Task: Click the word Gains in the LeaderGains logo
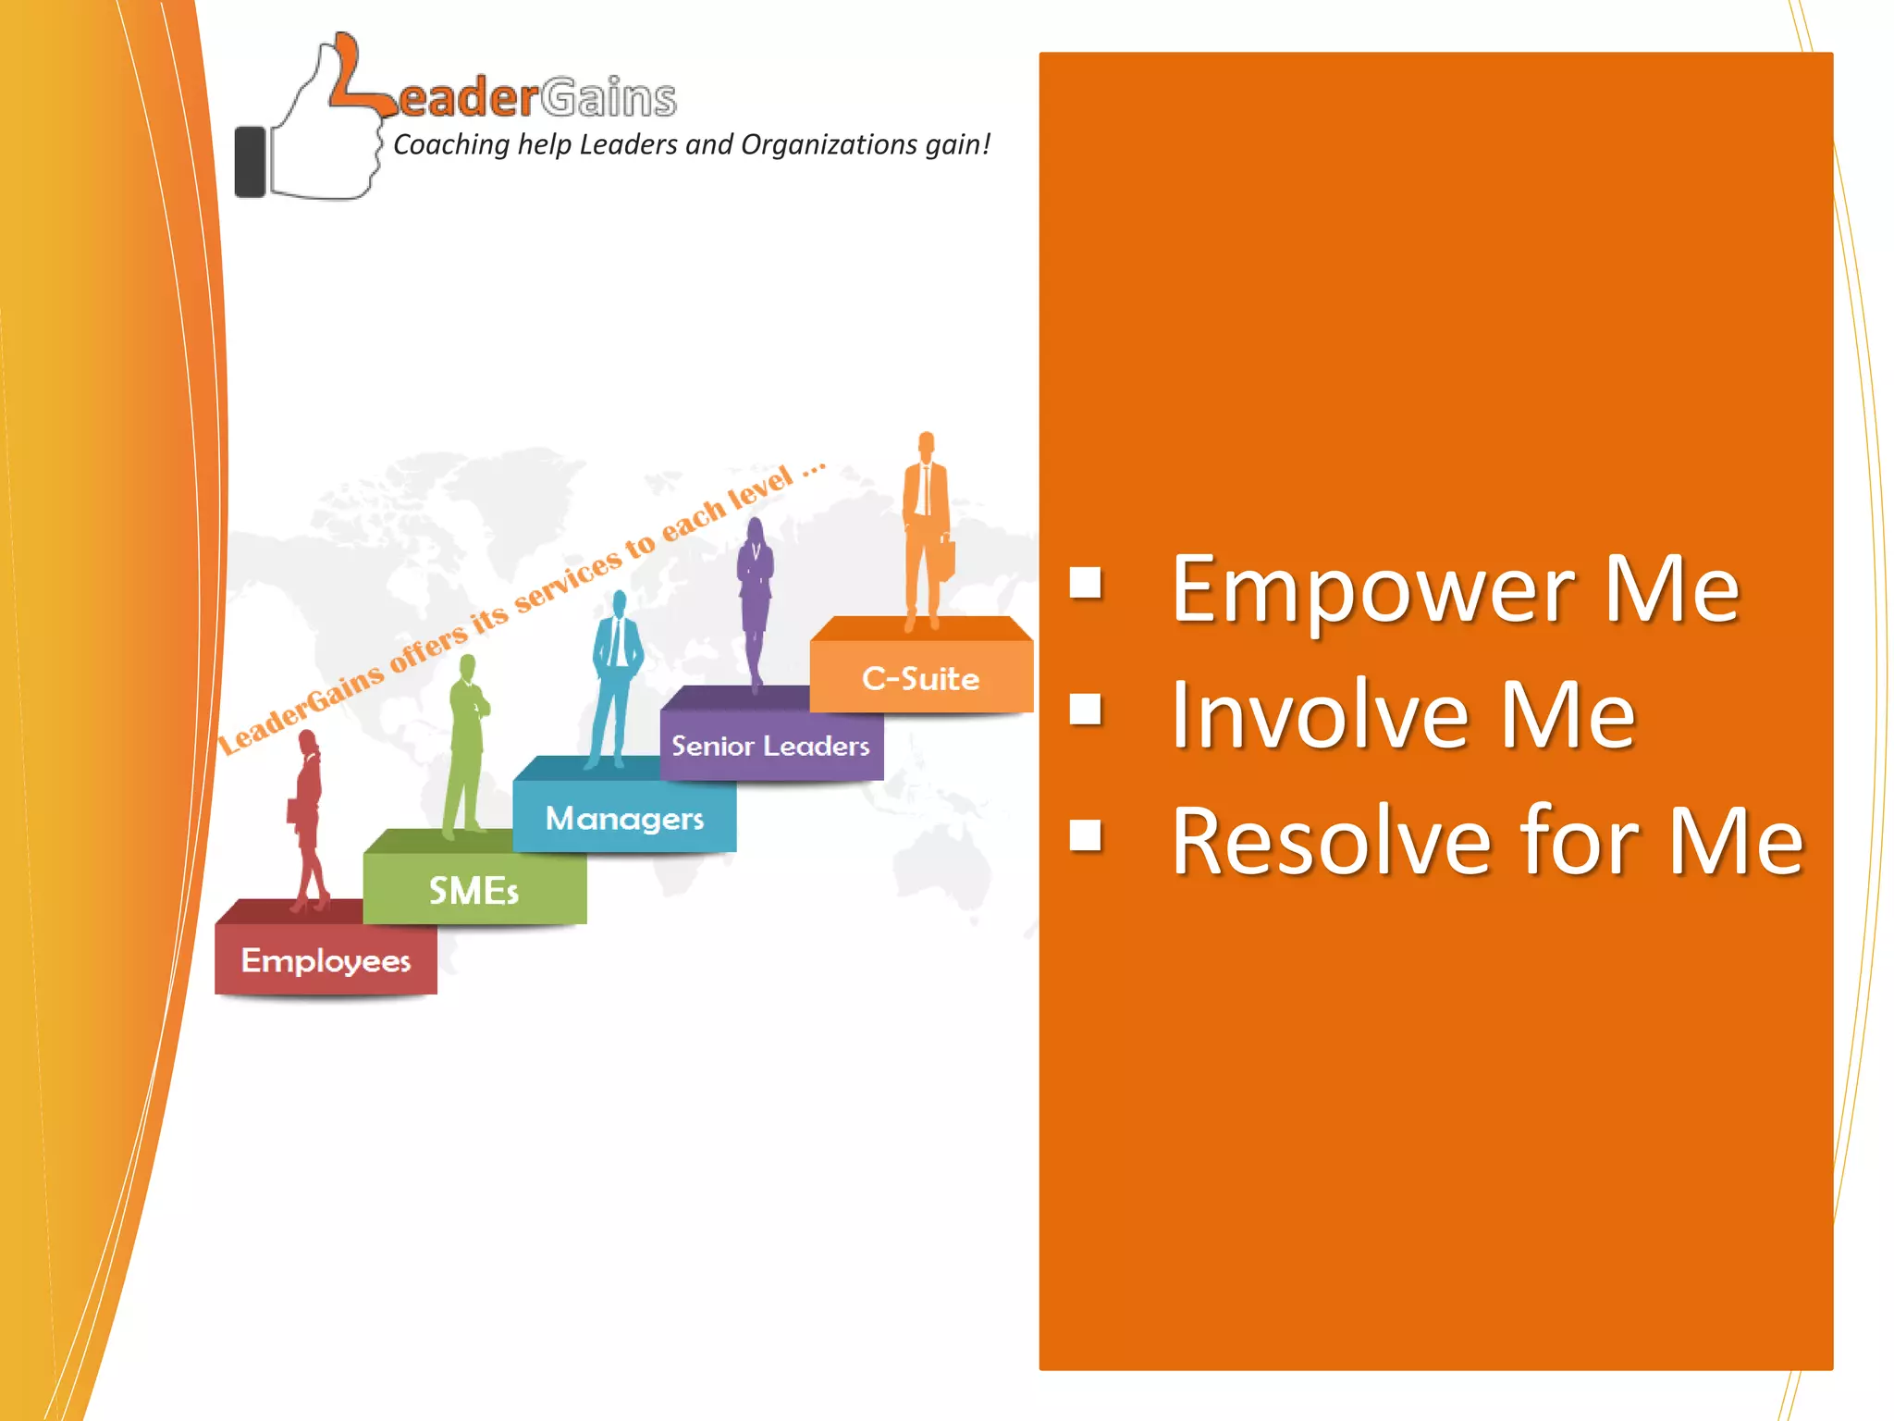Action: point(609,98)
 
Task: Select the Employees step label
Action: point(326,961)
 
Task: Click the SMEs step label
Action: point(473,891)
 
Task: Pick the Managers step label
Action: point(624,819)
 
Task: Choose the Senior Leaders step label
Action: point(770,746)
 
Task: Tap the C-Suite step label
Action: point(920,679)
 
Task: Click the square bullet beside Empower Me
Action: point(1086,584)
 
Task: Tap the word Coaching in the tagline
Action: point(451,145)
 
